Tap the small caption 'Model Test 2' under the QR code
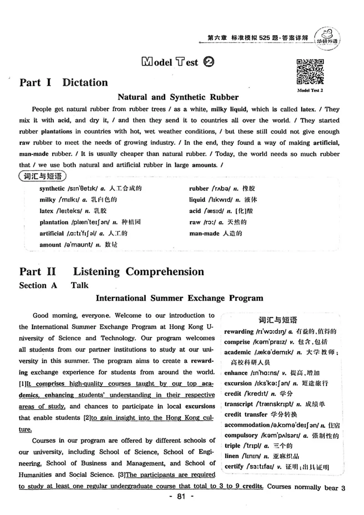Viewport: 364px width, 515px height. tap(310, 90)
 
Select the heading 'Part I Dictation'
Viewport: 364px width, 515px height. tap(64, 82)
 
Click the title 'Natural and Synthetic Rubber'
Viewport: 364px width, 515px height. tap(178, 97)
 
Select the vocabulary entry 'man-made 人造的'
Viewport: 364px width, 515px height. tap(215, 234)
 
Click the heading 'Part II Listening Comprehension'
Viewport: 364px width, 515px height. tap(111, 272)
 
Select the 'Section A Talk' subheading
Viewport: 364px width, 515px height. tap(54, 286)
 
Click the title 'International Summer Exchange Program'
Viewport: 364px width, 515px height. tap(179, 298)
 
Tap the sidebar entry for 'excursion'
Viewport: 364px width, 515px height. tap(276, 383)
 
